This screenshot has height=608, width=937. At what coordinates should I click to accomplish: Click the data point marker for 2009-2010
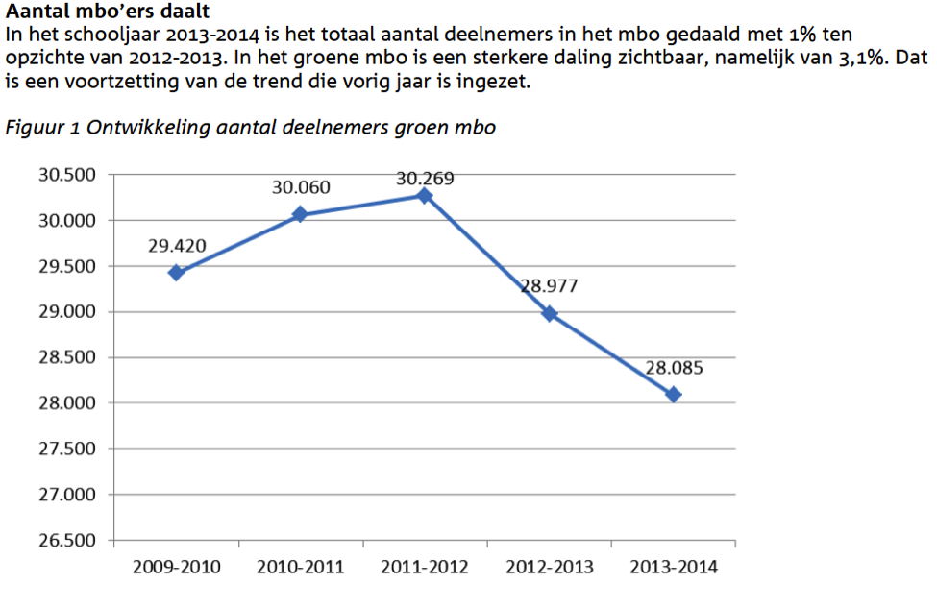(176, 273)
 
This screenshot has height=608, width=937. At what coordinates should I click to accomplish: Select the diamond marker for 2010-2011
(300, 214)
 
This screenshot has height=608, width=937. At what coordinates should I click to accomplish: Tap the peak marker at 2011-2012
(424, 195)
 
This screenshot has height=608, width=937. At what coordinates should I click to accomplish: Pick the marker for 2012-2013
(549, 313)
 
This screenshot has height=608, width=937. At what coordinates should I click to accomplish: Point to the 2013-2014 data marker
(674, 395)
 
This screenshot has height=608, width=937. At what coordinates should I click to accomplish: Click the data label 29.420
(177, 246)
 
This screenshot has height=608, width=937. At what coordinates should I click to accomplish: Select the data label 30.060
(301, 187)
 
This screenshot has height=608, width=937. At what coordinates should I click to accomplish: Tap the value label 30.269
(425, 179)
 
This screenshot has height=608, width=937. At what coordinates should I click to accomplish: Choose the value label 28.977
(549, 286)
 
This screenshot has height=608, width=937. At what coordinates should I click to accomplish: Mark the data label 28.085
(674, 368)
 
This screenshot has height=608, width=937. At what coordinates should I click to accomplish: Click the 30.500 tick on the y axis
(67, 175)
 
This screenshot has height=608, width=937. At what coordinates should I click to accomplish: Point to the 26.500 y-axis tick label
(67, 541)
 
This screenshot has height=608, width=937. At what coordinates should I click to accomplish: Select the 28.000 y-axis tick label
(67, 403)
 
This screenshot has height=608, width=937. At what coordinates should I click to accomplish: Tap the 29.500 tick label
(67, 266)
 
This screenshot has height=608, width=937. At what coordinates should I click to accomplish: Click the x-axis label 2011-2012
(425, 567)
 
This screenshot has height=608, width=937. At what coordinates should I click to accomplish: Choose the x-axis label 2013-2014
(674, 567)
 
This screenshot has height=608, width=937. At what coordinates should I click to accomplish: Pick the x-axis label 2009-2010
(176, 567)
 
